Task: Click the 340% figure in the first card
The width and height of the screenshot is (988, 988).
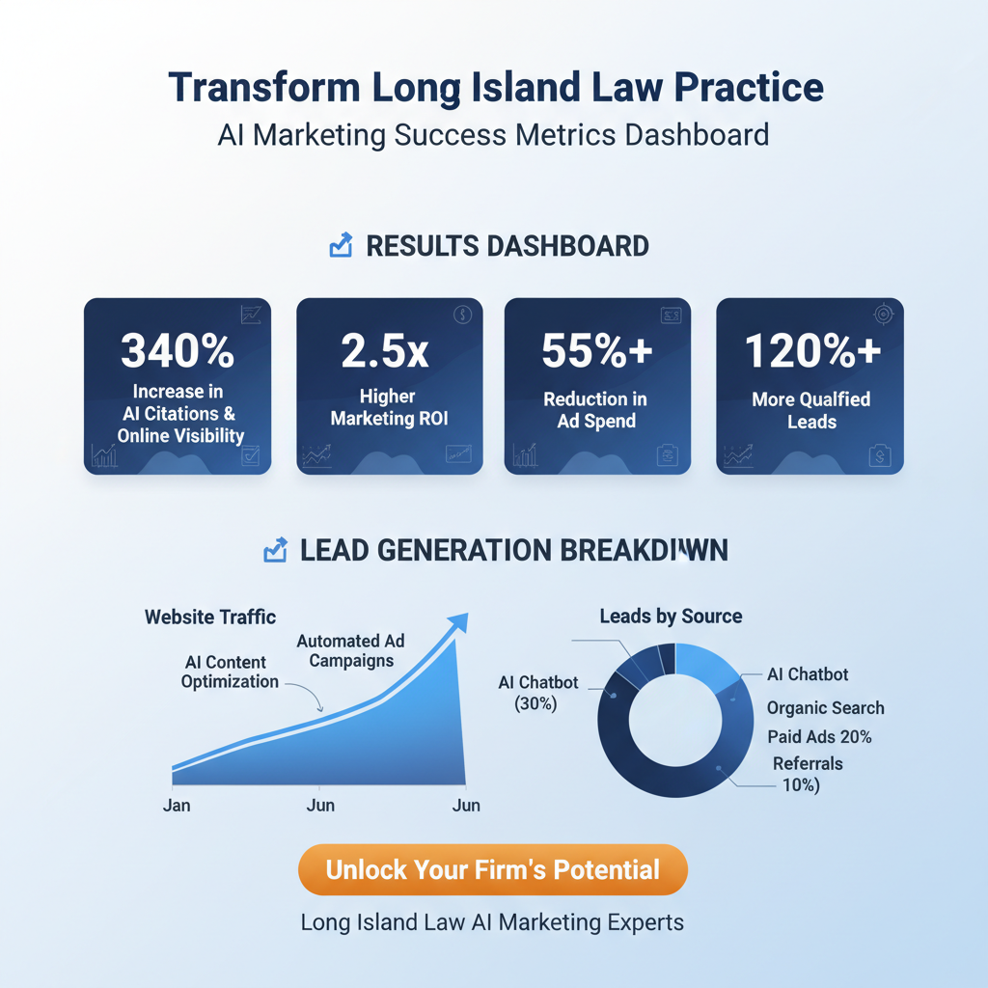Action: (178, 351)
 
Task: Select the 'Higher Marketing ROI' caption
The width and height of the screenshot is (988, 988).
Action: (389, 408)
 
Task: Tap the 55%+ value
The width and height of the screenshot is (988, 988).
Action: (597, 351)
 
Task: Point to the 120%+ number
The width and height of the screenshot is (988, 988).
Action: (812, 351)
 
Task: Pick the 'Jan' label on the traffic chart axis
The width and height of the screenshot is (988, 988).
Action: (178, 805)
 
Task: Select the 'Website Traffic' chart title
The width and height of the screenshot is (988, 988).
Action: (210, 617)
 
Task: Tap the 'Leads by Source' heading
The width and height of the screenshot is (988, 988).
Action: (671, 616)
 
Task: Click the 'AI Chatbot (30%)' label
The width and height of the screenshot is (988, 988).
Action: (537, 693)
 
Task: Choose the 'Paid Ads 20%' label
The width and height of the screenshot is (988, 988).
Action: (819, 737)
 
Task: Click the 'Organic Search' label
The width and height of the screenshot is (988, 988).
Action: (825, 708)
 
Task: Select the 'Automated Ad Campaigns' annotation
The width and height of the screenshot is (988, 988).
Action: (350, 650)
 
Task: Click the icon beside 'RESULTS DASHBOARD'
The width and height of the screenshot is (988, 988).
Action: (341, 246)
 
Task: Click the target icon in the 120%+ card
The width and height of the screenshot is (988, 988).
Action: (884, 316)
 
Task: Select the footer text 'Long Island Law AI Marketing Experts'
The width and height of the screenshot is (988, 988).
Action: (492, 922)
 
